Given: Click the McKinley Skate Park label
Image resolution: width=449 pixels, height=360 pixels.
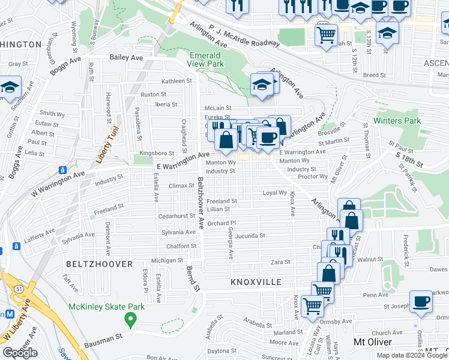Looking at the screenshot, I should point(107,307).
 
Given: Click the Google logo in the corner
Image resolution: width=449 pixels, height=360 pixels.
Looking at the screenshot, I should point(20,353).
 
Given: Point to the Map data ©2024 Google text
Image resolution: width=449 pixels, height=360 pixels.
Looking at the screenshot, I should point(412,355).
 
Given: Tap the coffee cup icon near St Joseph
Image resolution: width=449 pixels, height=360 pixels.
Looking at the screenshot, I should point(421,302).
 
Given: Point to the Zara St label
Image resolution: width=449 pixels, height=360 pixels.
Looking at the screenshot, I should point(280,262).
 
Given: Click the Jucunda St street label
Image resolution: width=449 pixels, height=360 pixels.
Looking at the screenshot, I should point(250,236).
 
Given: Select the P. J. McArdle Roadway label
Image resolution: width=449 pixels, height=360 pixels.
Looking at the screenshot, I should point(244,35).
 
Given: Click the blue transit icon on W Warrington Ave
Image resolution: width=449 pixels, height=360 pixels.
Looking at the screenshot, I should point(62,170).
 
